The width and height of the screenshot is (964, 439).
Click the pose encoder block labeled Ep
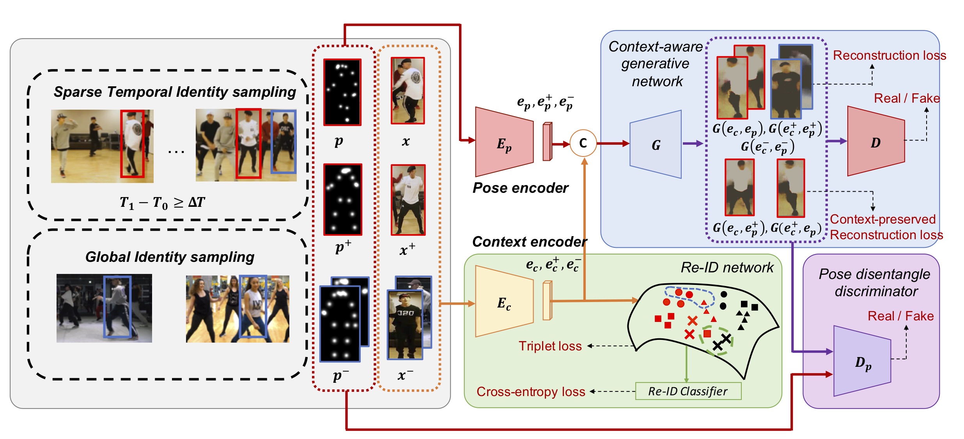point(504,142)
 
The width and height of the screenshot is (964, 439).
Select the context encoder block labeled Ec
point(504,301)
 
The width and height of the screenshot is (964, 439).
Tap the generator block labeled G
point(656,144)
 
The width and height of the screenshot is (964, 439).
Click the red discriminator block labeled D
point(876,141)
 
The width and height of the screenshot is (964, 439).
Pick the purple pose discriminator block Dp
point(862,361)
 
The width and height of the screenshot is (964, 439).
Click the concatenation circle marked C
point(583,143)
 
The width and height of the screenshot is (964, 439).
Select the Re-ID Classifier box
point(688,391)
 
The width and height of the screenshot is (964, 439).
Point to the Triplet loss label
point(550,346)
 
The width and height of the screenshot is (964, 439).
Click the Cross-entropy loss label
point(531,391)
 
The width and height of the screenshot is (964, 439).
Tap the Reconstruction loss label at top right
point(890,55)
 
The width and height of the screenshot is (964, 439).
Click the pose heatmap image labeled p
point(342,92)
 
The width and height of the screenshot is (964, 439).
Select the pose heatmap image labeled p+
point(343,199)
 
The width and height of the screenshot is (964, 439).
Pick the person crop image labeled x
point(408,91)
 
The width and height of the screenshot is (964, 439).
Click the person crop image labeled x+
point(408,200)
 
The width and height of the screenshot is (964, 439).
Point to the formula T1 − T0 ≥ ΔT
point(162,203)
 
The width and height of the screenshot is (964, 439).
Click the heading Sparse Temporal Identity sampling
point(175,92)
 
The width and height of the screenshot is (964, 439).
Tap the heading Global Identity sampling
point(170,257)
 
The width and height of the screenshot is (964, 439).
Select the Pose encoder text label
point(520,188)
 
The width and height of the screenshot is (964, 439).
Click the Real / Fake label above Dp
point(901,316)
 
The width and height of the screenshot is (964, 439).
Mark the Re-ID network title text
point(727,267)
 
